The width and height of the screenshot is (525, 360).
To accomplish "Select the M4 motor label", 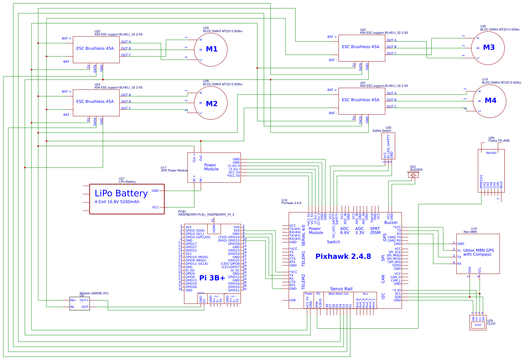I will [x=490, y=101].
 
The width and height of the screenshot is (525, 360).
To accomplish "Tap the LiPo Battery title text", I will [x=121, y=193].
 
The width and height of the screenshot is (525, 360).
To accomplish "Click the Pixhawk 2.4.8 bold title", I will [x=343, y=256].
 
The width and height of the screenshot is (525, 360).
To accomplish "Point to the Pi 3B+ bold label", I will [x=212, y=278].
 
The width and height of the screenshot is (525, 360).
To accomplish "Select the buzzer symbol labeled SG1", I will [x=413, y=175].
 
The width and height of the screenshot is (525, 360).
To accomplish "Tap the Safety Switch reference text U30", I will [x=388, y=127].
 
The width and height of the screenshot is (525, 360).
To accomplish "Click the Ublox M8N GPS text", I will [x=479, y=251].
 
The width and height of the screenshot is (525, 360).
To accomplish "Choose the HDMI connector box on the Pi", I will [x=214, y=228].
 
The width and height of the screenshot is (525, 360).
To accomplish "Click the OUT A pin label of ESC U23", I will [x=126, y=42].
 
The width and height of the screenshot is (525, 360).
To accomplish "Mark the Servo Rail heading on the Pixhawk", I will [x=341, y=289].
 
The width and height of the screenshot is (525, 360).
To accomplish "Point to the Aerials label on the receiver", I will [x=491, y=153].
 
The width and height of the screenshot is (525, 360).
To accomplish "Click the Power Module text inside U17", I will [x=211, y=167].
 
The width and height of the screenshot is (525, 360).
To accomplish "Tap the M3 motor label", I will [x=489, y=47].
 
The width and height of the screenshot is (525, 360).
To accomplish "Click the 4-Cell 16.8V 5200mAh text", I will [x=117, y=202].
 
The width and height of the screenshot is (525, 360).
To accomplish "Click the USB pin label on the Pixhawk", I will [x=292, y=300].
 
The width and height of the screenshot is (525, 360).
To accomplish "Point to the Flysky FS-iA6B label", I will [x=499, y=141].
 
